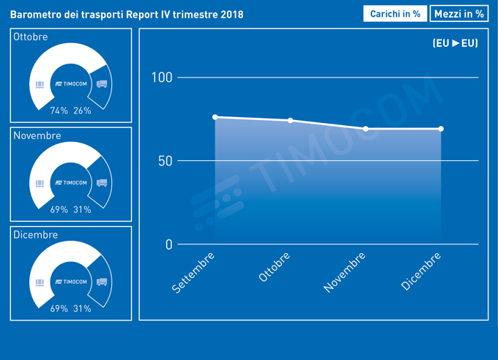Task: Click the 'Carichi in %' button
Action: coord(395,14)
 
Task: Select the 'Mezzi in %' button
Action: coord(459,14)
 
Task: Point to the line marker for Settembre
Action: coord(215,117)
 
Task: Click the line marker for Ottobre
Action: coord(291,120)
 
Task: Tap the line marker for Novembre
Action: coord(365,129)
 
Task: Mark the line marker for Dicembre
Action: coord(441,129)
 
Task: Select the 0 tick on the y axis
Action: coord(168,244)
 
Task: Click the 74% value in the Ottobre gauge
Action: coord(59,110)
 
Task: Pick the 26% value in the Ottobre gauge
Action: coord(82,110)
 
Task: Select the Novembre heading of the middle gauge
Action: coord(37,136)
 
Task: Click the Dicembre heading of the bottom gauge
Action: coord(35,235)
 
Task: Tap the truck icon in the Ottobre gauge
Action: coord(102,84)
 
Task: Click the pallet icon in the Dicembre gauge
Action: coord(40,282)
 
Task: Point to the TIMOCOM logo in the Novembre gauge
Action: coord(71,183)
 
